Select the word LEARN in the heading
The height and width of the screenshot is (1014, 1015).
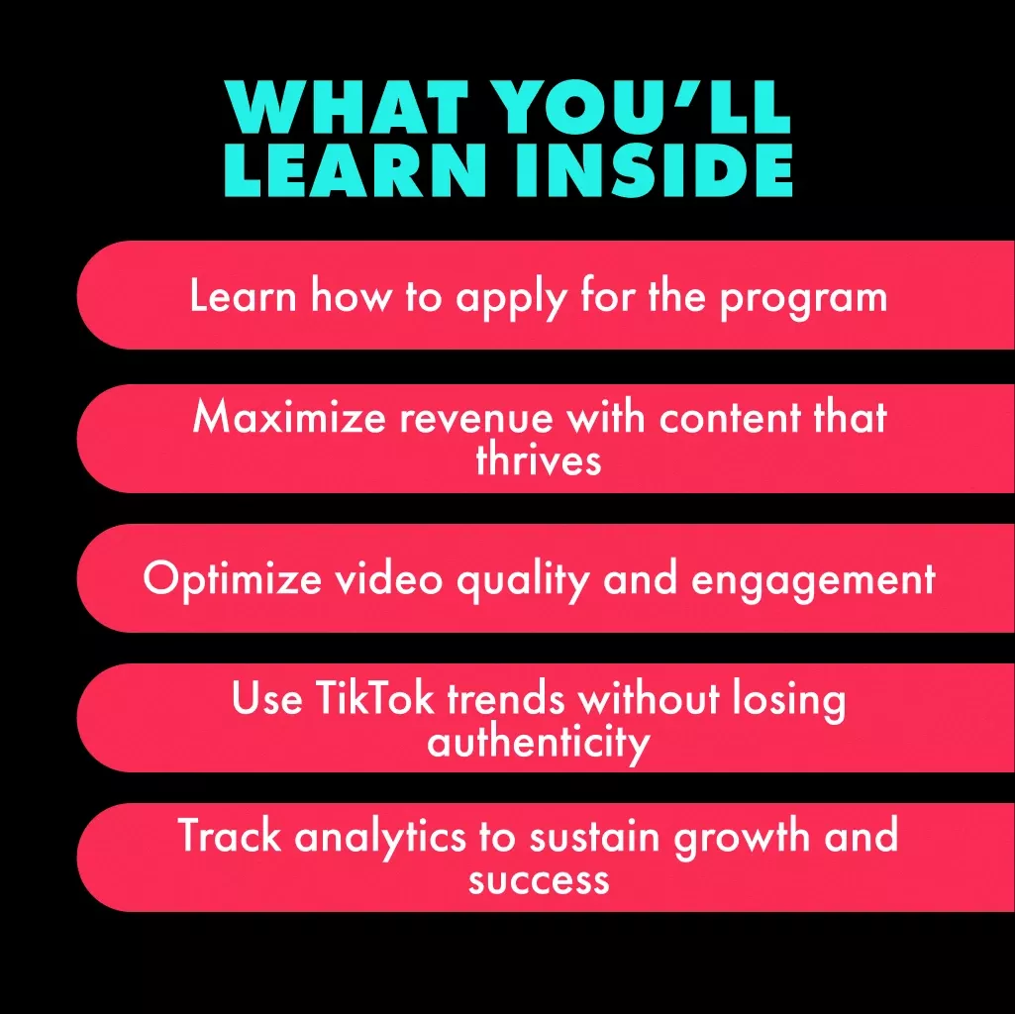click(355, 169)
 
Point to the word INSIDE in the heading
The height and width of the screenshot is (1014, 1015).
click(655, 169)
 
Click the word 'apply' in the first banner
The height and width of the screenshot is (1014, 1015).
click(511, 299)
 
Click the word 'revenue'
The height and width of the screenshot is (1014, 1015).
click(476, 419)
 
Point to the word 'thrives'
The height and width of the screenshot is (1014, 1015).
click(539, 459)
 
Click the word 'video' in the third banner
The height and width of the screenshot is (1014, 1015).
click(388, 577)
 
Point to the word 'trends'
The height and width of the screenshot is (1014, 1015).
click(506, 698)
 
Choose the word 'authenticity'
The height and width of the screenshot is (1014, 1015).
click(539, 744)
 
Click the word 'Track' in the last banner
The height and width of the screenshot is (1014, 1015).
click(229, 836)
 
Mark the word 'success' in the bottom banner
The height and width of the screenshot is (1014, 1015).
click(540, 880)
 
